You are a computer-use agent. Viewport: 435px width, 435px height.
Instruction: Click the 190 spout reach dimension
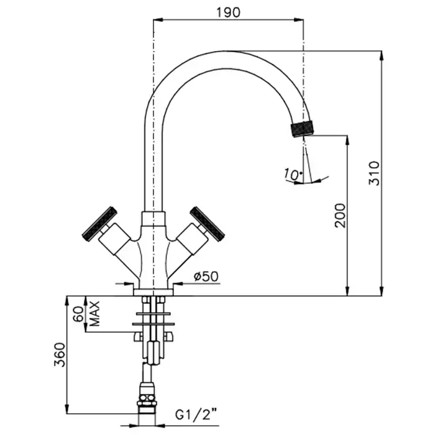(x=228, y=12)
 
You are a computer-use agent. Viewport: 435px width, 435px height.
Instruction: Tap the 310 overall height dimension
(x=373, y=173)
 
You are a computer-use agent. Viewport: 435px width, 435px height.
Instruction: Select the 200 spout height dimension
(x=340, y=216)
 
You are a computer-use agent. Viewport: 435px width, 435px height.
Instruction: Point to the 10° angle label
(x=293, y=174)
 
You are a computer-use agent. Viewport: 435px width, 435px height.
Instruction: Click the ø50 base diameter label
(x=206, y=277)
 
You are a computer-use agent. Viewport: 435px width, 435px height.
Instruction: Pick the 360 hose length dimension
(x=60, y=355)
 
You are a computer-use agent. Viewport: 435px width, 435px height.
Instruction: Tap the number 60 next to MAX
(x=78, y=314)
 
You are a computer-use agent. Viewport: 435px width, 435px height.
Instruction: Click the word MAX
(x=95, y=314)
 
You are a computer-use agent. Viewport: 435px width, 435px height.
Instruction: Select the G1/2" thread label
(x=196, y=414)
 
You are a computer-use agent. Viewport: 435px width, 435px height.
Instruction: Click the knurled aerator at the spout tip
(x=303, y=129)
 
